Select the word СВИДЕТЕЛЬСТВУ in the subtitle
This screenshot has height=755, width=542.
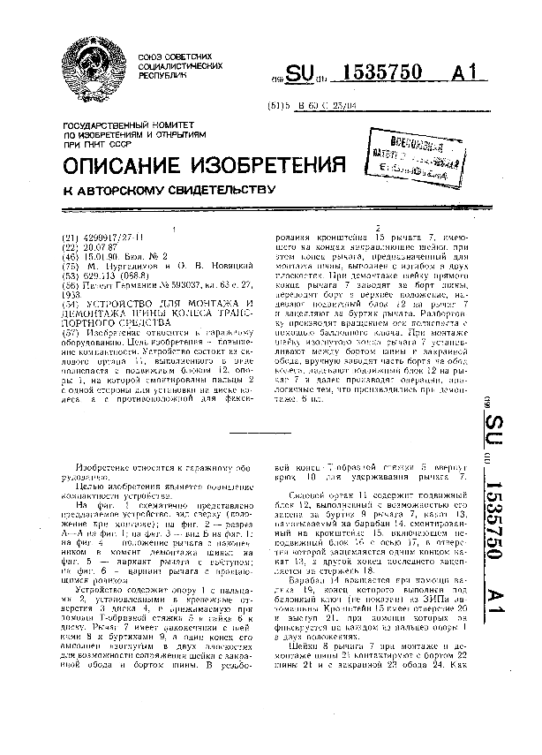205,190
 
